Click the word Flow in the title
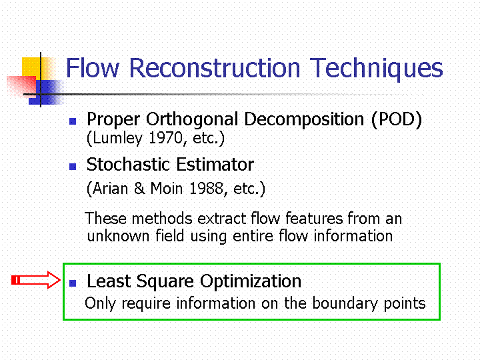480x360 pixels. [x=93, y=67]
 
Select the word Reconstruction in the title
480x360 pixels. [x=215, y=67]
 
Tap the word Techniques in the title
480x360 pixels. [x=377, y=69]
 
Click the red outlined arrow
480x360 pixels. [x=36, y=280]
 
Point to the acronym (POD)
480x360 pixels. [x=397, y=119]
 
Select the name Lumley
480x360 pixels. [x=117, y=139]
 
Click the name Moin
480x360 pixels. [x=167, y=188]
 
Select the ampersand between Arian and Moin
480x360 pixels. [x=139, y=188]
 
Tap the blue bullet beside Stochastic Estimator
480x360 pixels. [x=73, y=167]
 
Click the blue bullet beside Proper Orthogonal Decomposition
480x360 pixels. [x=73, y=121]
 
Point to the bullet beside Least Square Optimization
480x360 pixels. [x=73, y=283]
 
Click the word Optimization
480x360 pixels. [x=251, y=281]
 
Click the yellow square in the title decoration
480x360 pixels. [x=35, y=68]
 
